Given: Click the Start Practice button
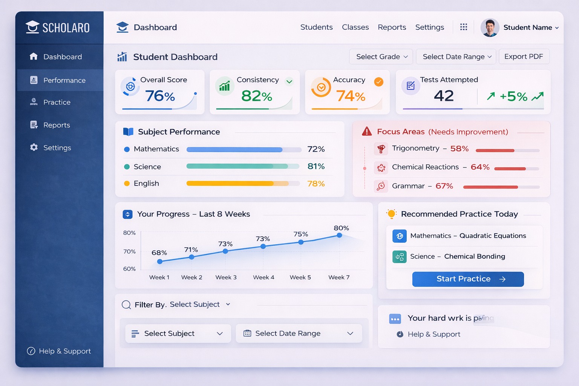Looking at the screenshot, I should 468,279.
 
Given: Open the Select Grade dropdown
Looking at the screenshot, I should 381,57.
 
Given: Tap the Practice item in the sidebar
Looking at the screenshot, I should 57,102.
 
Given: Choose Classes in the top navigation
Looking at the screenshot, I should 355,27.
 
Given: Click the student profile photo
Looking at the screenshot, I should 490,28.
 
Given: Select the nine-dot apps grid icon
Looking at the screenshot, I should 464,27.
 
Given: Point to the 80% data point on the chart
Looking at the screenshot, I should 339,235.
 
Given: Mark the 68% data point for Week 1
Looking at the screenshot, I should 160,261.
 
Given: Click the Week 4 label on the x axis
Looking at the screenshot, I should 263,277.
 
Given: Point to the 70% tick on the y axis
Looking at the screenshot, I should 129,251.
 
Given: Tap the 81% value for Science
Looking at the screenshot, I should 316,166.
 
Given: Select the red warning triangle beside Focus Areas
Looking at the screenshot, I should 367,132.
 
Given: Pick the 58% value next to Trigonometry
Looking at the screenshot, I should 459,149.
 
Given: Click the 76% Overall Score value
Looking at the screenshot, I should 160,96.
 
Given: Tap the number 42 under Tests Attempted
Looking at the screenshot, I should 444,96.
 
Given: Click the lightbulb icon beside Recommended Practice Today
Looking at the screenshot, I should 391,214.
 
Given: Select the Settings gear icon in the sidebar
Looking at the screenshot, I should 34,147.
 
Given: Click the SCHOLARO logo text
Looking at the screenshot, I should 66,28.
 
